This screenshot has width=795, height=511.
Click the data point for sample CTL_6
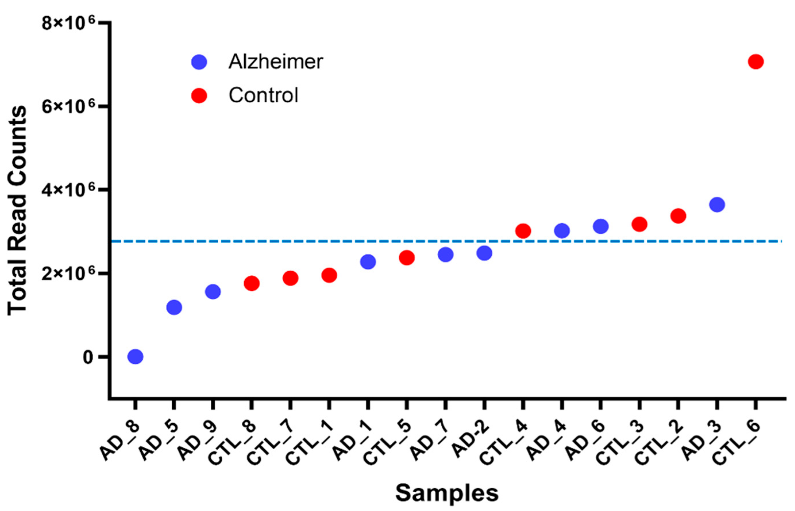[x=755, y=62]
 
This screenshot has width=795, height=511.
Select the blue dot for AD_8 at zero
[x=135, y=356]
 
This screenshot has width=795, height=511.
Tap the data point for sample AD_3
[x=717, y=204]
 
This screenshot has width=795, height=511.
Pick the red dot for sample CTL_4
[x=523, y=231]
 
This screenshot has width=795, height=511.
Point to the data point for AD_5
[x=174, y=307]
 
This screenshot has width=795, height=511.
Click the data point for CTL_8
[x=251, y=284]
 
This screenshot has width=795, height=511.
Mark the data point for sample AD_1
[x=368, y=262]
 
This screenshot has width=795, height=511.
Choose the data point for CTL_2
[x=678, y=216]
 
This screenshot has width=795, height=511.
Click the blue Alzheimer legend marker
[x=199, y=62]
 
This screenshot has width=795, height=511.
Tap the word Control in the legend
[x=263, y=95]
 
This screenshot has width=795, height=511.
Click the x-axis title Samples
[x=447, y=493]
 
